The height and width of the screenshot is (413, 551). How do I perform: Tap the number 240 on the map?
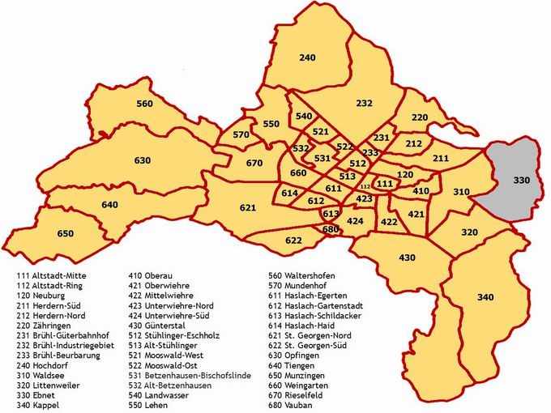(307, 57)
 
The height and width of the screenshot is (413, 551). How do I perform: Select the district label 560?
(144, 104)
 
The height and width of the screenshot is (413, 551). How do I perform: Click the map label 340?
(485, 298)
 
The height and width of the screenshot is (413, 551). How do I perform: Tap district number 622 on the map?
(293, 241)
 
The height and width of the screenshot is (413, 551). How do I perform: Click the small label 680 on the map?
(330, 229)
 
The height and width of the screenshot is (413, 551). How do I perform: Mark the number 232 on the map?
(364, 104)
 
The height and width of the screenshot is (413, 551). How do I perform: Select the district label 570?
(241, 134)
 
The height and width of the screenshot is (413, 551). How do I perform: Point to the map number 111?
(386, 184)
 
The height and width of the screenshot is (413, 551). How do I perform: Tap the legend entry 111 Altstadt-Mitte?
(52, 275)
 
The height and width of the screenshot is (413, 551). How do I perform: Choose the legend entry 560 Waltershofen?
(309, 275)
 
